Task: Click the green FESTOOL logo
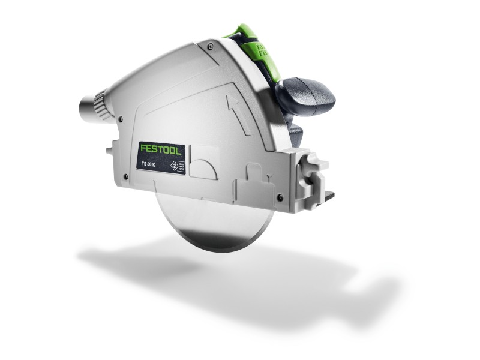tap(160, 148)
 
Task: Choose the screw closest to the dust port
tap(120, 119)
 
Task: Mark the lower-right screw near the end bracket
tap(280, 197)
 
